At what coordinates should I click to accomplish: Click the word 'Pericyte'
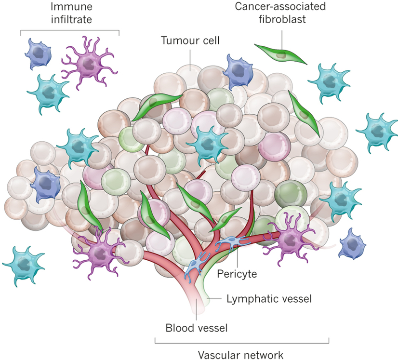237,274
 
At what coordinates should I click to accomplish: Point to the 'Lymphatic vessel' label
269,298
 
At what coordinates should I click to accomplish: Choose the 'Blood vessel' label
196,328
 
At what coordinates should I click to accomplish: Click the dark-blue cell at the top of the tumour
238,71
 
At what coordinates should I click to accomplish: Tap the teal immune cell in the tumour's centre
207,143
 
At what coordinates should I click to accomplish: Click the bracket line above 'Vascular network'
242,343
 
